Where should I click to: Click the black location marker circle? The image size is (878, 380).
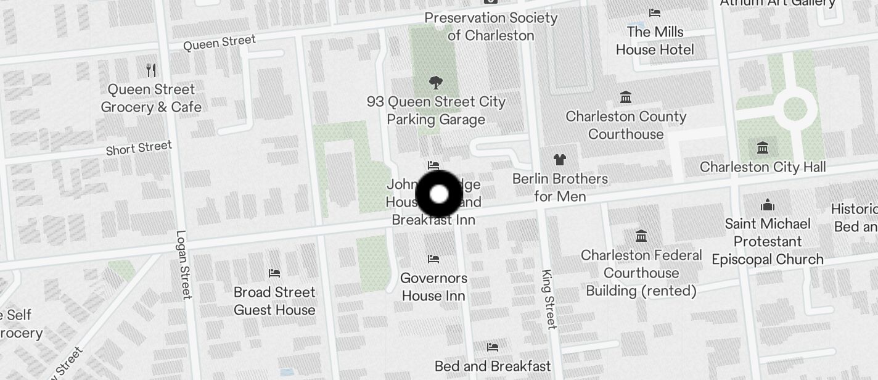(x=439, y=194)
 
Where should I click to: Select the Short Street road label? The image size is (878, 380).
(x=139, y=149)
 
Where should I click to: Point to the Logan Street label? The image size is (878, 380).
(x=184, y=265)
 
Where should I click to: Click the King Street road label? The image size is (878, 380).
(x=548, y=299)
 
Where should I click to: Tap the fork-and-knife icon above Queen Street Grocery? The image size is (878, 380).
(x=151, y=70)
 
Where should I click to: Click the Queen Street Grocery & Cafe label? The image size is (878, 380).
(x=151, y=99)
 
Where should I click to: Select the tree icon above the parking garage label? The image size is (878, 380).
(x=436, y=83)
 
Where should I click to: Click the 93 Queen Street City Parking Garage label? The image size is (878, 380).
(x=436, y=111)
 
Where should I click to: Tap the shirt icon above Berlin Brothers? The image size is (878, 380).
(x=559, y=160)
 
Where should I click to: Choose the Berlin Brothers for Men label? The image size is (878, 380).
(x=560, y=188)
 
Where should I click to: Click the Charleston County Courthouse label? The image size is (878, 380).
(x=626, y=125)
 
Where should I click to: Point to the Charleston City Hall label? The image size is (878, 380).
(x=763, y=167)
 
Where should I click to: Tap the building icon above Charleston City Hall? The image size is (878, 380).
(x=763, y=148)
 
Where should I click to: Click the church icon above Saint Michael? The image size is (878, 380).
(x=768, y=204)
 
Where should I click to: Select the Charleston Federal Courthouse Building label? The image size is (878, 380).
(x=641, y=273)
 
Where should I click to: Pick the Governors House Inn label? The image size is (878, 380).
(x=433, y=287)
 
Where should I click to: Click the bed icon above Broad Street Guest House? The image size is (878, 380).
(x=274, y=273)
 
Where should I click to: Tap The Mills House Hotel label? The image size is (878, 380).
(x=655, y=41)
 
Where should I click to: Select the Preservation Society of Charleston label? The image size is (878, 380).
(x=491, y=27)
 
